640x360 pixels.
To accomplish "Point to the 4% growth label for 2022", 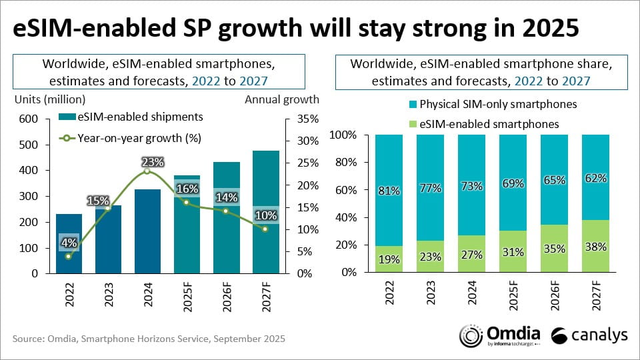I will pos(69,241).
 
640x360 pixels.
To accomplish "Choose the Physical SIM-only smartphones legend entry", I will pos(488,104).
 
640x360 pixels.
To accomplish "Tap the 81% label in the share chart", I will pos(389,191).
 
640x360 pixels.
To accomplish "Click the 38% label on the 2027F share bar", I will pos(595,247).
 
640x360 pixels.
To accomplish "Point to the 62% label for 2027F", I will pos(595,178).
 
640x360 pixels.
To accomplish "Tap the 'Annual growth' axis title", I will pos(282,99).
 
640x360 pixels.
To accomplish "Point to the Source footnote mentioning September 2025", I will pos(149,339).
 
